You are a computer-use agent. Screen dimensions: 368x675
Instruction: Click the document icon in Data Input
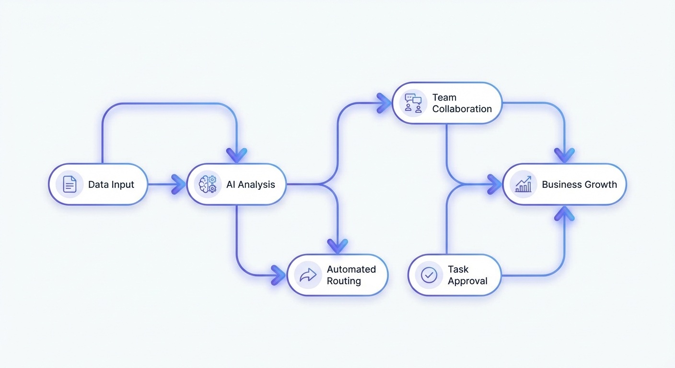pyautogui.click(x=70, y=184)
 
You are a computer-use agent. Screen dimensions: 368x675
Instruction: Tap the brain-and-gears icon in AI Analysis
pyautogui.click(x=208, y=184)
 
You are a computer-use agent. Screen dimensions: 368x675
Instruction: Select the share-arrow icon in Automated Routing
pyautogui.click(x=308, y=275)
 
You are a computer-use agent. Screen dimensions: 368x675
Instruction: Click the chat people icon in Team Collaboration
pyautogui.click(x=413, y=103)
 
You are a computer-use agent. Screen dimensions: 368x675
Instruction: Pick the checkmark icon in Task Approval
pyautogui.click(x=429, y=275)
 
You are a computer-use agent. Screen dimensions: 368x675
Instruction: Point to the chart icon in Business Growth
pyautogui.click(x=523, y=184)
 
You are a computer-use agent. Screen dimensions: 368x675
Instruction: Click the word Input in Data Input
pyautogui.click(x=122, y=185)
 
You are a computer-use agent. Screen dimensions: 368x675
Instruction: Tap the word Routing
pyautogui.click(x=344, y=281)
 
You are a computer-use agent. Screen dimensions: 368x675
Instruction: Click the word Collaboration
pyautogui.click(x=462, y=109)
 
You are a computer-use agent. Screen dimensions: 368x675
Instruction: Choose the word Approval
pyautogui.click(x=467, y=281)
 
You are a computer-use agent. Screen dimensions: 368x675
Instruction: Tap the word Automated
pyautogui.click(x=351, y=269)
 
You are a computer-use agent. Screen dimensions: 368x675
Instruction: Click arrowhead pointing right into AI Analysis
pyautogui.click(x=179, y=184)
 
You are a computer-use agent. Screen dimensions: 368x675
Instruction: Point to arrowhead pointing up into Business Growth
pyautogui.click(x=564, y=213)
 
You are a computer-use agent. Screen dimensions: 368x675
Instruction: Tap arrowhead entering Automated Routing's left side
pyautogui.click(x=279, y=275)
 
